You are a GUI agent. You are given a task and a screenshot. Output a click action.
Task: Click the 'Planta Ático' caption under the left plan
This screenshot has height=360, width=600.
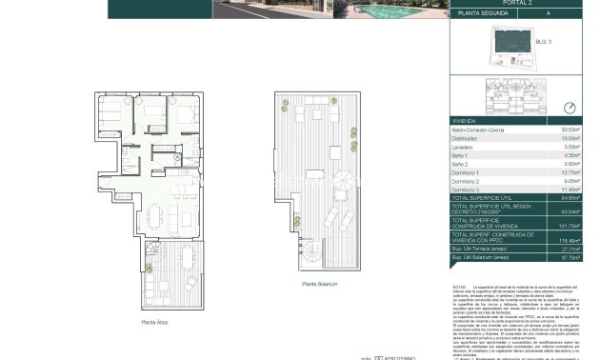[x=154, y=322]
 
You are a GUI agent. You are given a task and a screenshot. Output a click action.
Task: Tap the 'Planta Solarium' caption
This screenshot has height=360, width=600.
[x=320, y=284]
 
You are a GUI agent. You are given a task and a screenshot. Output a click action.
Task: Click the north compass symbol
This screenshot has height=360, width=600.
[x=570, y=108]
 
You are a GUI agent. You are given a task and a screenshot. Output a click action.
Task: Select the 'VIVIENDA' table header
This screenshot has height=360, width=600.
[x=465, y=120]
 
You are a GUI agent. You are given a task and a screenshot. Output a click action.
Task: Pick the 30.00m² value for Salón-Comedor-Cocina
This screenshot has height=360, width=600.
[x=570, y=129]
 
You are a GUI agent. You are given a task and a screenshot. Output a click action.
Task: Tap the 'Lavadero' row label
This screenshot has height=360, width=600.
[x=464, y=147]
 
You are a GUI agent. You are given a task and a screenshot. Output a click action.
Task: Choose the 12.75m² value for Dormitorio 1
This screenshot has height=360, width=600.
[x=570, y=173]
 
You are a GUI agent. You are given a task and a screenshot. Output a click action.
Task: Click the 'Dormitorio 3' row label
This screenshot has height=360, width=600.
[x=468, y=190]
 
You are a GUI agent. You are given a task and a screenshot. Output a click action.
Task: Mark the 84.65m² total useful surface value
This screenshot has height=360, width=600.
[x=570, y=199]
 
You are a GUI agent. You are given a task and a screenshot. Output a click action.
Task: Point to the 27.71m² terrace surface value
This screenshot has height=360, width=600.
[x=570, y=250]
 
